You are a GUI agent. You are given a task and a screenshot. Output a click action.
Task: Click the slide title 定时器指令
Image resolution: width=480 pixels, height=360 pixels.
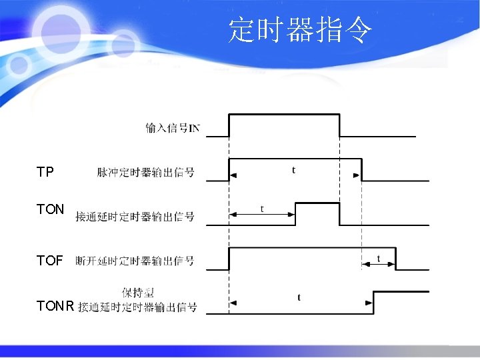click(x=300, y=30)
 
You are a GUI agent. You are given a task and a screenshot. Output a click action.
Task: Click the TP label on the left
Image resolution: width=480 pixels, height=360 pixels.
click(x=45, y=173)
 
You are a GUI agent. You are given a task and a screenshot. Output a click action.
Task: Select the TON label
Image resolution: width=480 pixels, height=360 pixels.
click(x=50, y=209)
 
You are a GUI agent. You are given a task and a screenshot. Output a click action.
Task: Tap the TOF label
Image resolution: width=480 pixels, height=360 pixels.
click(x=50, y=260)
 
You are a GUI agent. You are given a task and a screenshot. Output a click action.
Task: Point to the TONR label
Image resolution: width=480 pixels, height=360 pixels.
click(x=55, y=306)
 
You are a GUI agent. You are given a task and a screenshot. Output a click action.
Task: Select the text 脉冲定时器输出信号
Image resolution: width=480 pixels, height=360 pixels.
click(x=145, y=173)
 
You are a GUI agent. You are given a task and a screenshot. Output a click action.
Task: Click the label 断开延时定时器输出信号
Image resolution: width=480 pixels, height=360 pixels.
click(x=135, y=261)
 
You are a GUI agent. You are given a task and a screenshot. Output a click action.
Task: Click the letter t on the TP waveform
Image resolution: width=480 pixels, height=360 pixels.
click(x=294, y=170)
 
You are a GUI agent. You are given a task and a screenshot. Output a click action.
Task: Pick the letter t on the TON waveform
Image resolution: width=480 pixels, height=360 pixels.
click(x=261, y=209)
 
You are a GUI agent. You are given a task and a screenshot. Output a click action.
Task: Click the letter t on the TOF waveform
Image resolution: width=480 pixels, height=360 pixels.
click(x=379, y=258)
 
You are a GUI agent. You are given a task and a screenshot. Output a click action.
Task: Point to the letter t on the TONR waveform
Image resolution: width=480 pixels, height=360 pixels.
click(x=298, y=297)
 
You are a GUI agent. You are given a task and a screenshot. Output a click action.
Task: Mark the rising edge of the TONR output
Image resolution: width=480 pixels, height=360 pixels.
click(x=373, y=303)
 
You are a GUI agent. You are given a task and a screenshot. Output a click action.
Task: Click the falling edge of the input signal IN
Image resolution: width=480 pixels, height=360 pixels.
click(x=339, y=125)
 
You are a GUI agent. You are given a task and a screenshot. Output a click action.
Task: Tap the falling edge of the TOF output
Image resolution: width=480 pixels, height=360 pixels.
click(x=395, y=259)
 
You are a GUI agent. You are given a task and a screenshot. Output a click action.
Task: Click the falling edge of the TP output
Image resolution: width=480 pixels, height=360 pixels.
click(x=361, y=169)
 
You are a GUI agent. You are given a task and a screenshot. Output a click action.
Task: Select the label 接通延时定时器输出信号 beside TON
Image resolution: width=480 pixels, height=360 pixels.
click(x=135, y=216)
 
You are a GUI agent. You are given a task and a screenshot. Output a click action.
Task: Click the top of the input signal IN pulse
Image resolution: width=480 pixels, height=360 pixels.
click(x=284, y=115)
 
